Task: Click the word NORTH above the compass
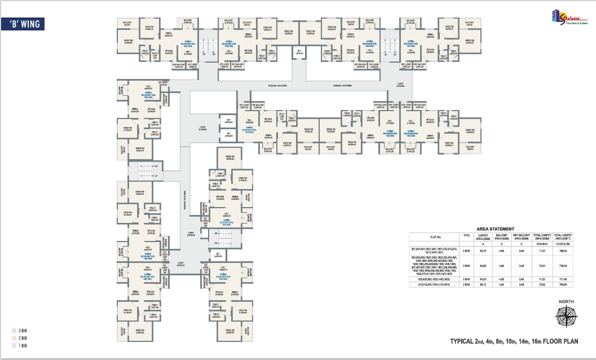tap(566, 302)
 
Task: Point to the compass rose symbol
tap(566, 318)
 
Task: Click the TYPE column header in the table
tap(466, 237)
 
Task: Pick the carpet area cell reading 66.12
tap(483, 285)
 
